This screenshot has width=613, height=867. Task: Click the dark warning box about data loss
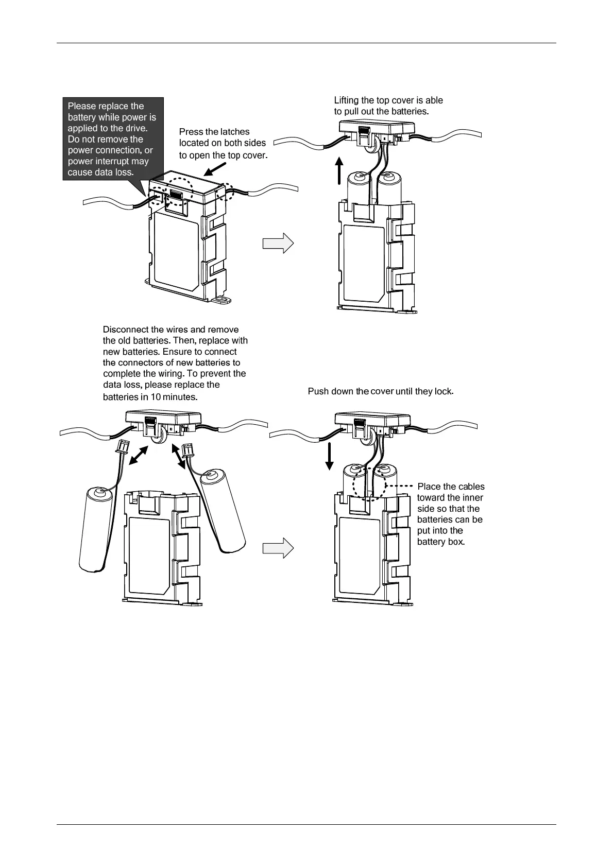point(113,138)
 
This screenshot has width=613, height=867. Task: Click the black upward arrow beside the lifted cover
point(339,171)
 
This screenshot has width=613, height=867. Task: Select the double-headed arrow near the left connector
point(139,455)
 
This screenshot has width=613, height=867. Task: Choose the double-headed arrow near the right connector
point(179,457)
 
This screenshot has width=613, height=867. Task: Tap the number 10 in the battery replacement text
point(156,397)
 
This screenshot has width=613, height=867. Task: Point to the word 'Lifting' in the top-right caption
point(347,100)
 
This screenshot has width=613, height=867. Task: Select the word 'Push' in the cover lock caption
point(318,391)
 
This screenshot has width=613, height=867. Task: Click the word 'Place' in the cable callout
point(429,487)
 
